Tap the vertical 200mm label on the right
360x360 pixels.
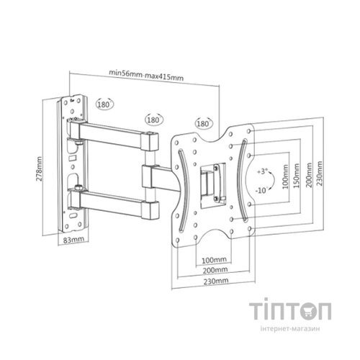click(x=307, y=174)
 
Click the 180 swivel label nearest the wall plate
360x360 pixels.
click(x=105, y=104)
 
